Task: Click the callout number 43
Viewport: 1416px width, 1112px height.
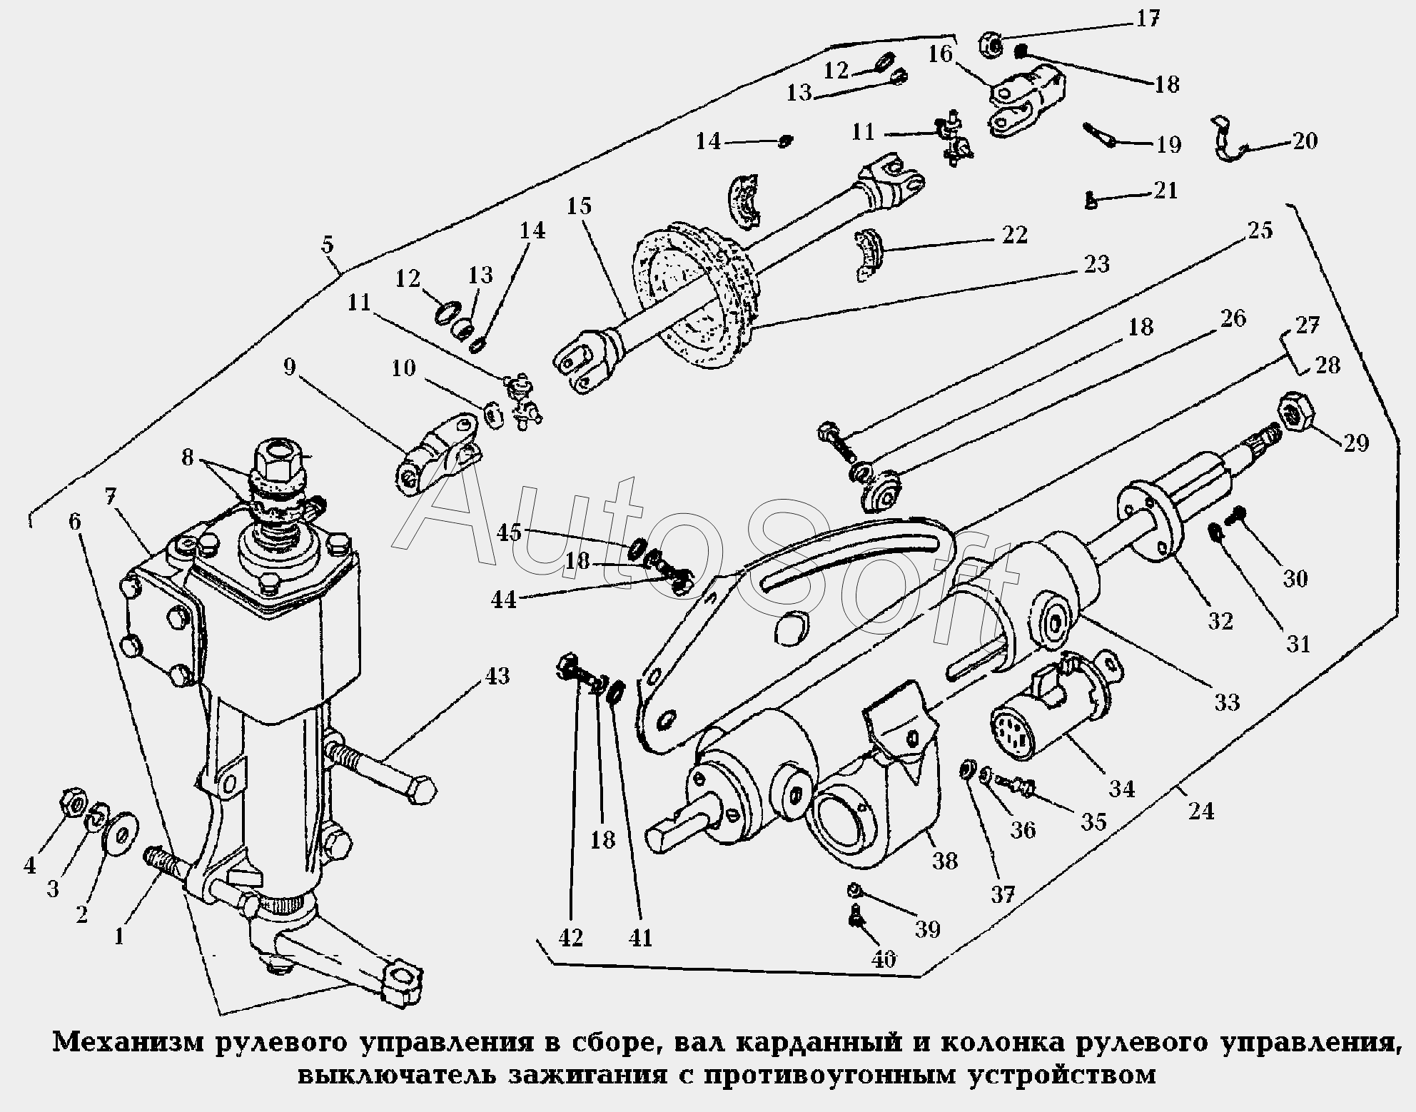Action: (x=497, y=675)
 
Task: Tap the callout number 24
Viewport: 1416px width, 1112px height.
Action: (x=1201, y=811)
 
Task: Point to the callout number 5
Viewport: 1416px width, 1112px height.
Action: (x=327, y=245)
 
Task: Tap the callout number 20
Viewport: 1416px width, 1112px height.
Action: (x=1304, y=141)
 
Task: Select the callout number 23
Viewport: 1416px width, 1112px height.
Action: (x=1096, y=264)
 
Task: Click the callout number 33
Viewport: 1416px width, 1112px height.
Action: (x=1227, y=702)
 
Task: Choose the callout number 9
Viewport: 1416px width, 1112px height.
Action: (x=289, y=367)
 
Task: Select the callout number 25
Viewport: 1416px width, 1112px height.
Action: (x=1260, y=231)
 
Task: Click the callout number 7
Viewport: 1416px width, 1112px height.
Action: (x=109, y=497)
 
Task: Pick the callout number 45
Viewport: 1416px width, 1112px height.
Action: (x=510, y=532)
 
